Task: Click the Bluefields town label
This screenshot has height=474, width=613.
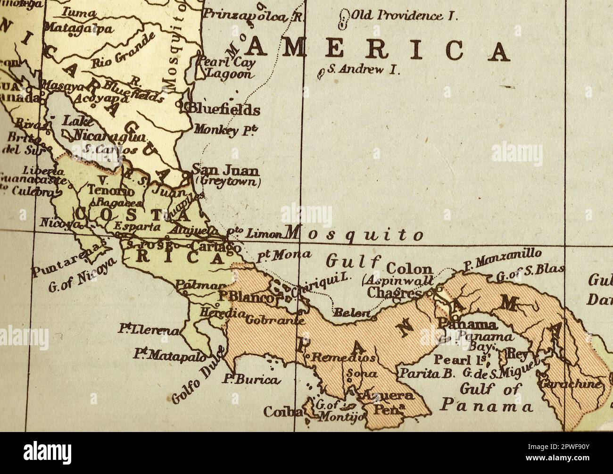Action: click(224, 110)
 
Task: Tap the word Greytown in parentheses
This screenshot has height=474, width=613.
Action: click(228, 181)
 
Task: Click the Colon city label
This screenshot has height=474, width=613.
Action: click(409, 269)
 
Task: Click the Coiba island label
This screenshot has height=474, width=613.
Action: click(282, 412)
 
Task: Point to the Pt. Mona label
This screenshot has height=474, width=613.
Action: click(283, 256)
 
